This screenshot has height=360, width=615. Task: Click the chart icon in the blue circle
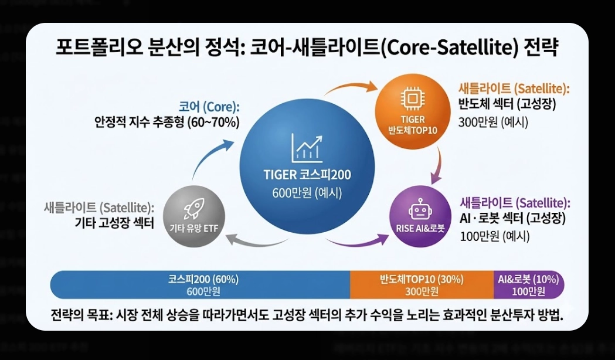(307, 148)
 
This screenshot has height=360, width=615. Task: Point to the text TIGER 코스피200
(308, 175)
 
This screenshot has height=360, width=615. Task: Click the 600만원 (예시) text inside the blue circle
(307, 192)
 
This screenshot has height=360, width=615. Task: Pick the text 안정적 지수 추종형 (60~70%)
(167, 123)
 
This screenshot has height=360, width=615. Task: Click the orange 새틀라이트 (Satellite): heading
(514, 90)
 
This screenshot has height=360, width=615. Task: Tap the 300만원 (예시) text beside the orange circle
(493, 122)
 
